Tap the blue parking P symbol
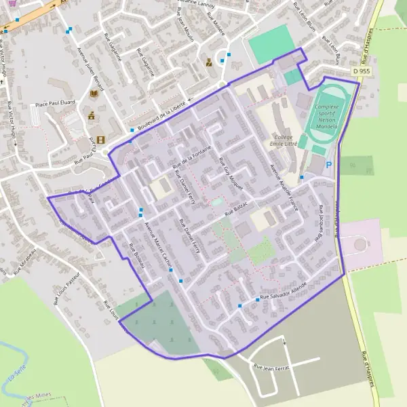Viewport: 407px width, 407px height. pyautogui.click(x=330, y=165)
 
